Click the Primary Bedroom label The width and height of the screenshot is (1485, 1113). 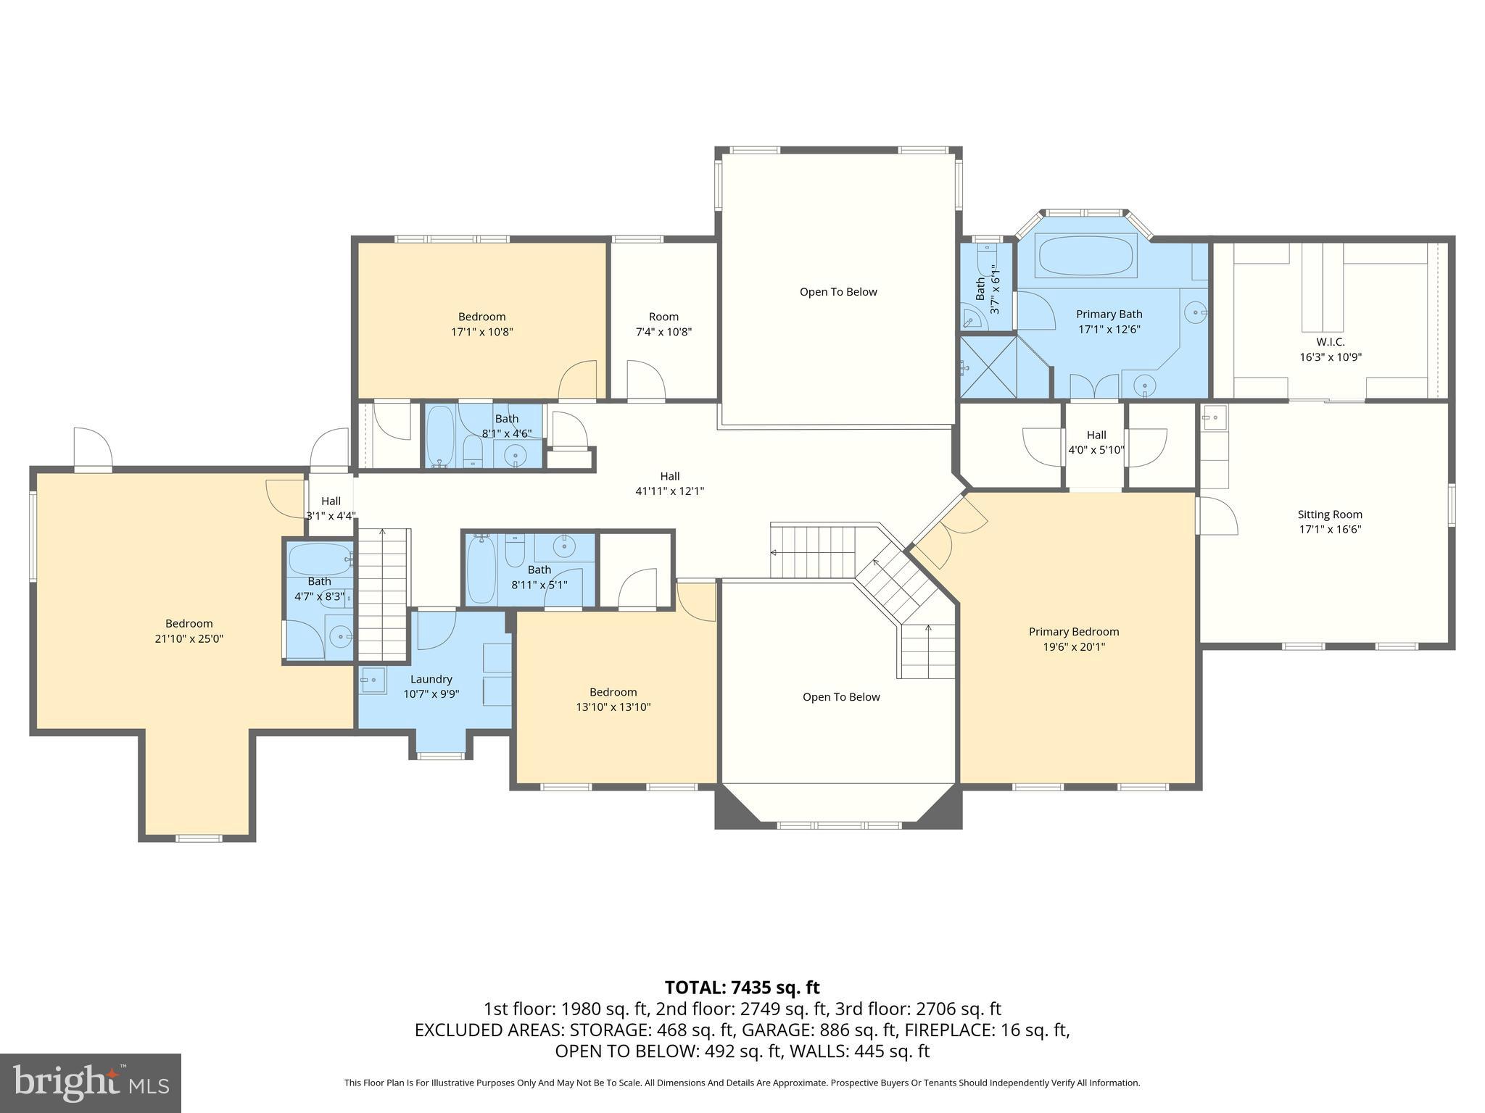tap(1074, 632)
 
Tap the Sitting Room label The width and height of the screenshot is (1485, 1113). tap(1329, 514)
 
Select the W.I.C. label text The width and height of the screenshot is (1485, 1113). tap(1330, 341)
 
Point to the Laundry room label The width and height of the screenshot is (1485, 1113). tap(431, 679)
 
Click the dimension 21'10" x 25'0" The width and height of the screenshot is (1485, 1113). tap(189, 639)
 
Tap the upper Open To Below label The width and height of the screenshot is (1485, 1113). tap(838, 292)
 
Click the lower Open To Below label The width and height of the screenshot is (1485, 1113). tap(841, 697)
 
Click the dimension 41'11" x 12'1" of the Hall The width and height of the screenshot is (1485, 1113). tap(669, 491)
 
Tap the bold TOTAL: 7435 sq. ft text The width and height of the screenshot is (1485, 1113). tap(742, 988)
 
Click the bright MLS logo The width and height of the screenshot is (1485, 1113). tap(91, 1083)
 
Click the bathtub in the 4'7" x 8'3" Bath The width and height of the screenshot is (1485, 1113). tap(319, 559)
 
